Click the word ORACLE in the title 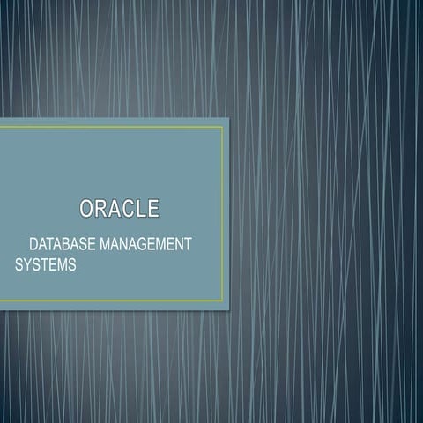119,209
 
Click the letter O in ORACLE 87,209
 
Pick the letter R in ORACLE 100,209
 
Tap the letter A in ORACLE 114,209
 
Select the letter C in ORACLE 127,209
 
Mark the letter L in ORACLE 140,209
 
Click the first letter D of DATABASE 34,242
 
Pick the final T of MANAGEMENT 189,242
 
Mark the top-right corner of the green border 223,127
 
